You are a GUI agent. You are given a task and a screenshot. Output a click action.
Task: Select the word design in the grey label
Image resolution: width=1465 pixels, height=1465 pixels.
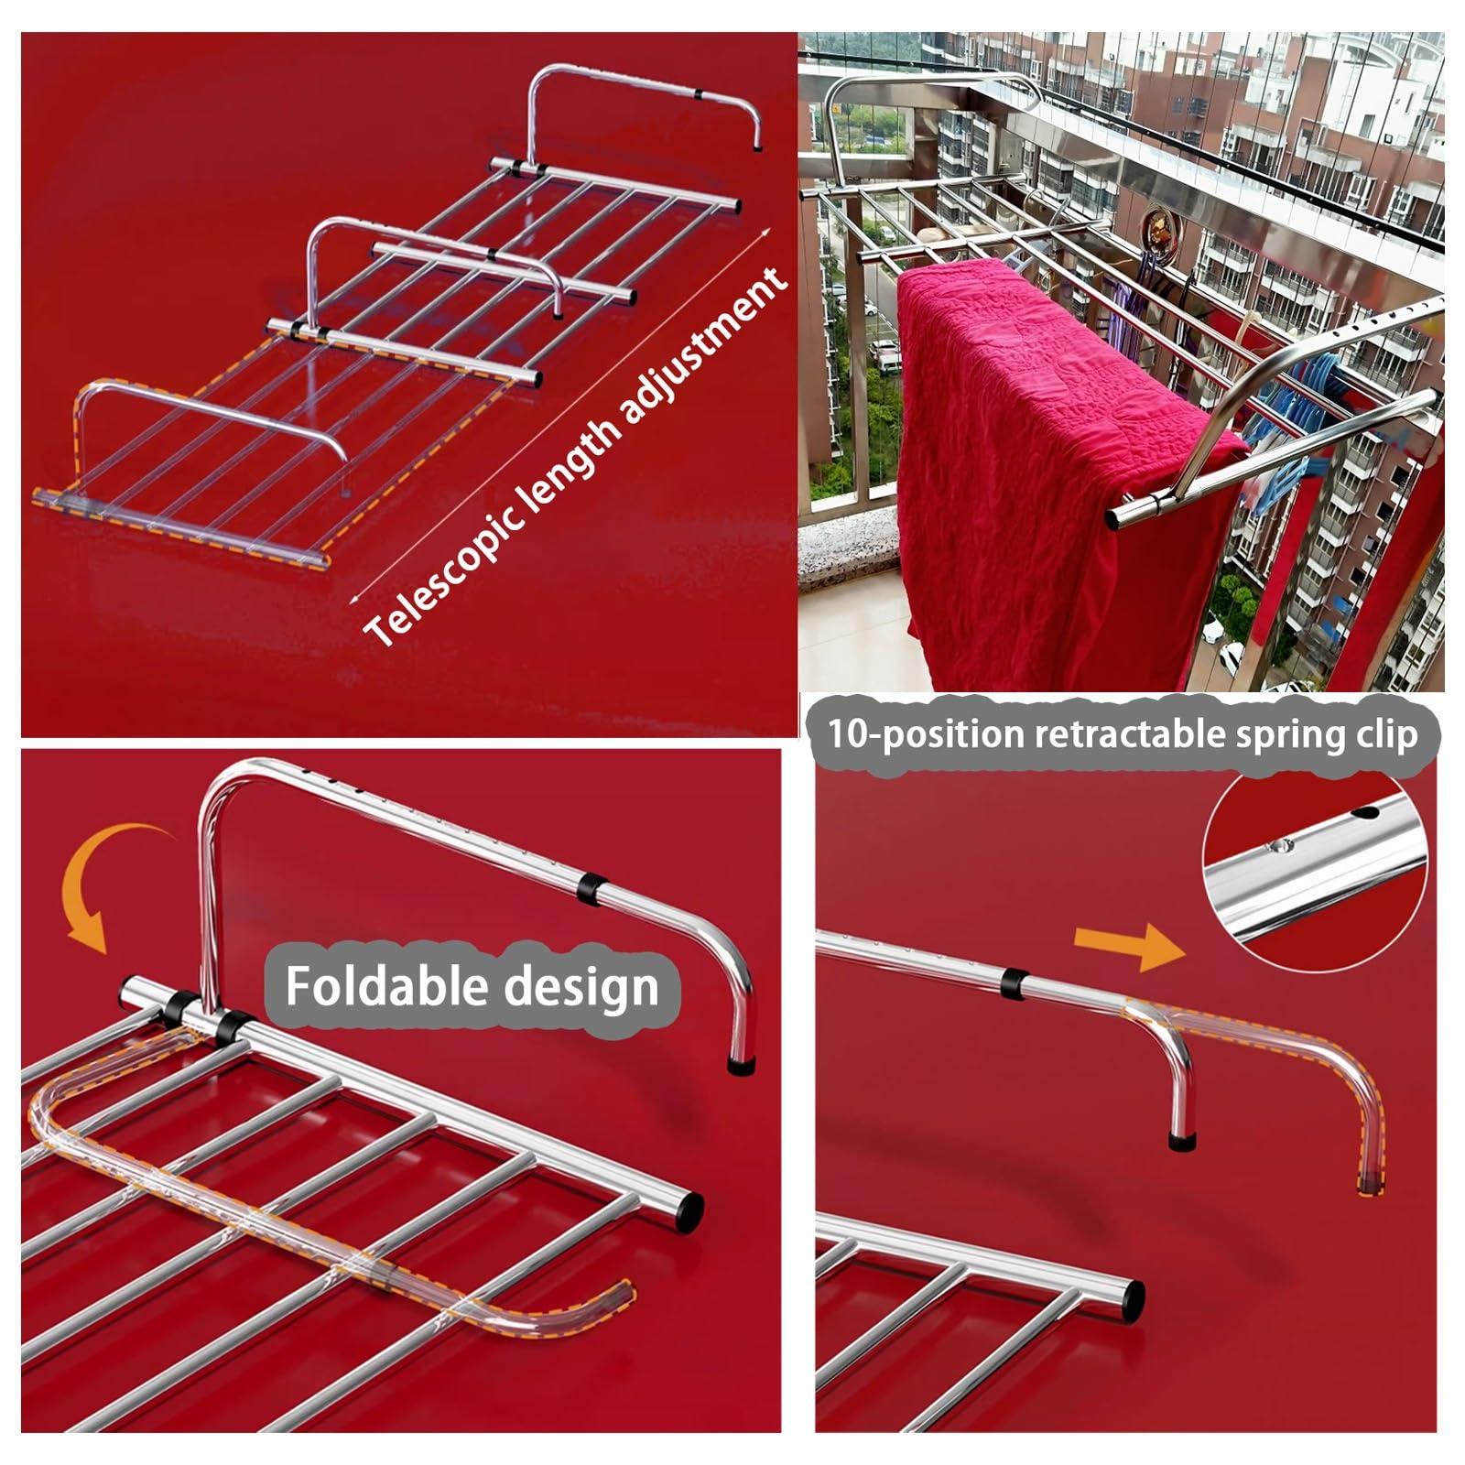[x=581, y=986]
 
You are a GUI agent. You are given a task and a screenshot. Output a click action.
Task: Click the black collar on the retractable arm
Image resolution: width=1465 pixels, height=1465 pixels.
[x=1013, y=982]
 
